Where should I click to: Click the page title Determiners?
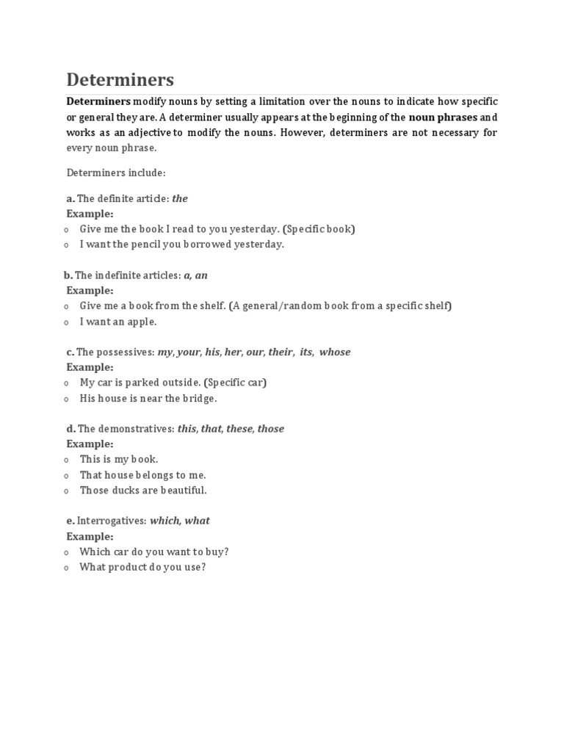(x=120, y=79)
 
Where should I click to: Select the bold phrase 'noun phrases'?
(x=443, y=117)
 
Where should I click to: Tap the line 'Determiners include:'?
(x=116, y=173)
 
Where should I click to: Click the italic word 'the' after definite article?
(x=180, y=198)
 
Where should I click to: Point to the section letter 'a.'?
(x=70, y=198)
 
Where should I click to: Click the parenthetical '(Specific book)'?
(x=319, y=229)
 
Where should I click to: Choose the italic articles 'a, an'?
(x=195, y=275)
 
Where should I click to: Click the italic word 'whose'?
(x=335, y=352)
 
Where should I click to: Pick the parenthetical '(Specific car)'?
(x=236, y=383)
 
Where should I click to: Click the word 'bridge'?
(x=200, y=398)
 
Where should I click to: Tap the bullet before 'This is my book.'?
(x=66, y=460)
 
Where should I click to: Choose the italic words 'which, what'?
(x=180, y=521)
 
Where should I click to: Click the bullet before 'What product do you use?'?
(x=66, y=568)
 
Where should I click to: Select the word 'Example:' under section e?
(x=90, y=536)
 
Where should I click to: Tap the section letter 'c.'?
(x=70, y=352)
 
